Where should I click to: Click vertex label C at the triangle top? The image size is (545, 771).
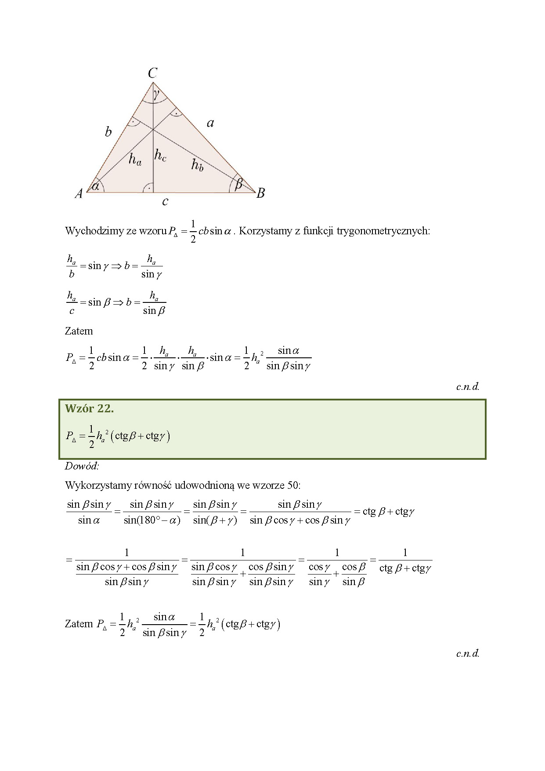tap(152, 73)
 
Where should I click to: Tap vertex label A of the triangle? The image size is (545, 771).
tap(79, 193)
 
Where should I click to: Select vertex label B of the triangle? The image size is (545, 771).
tap(261, 193)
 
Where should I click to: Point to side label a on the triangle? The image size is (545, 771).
tap(210, 123)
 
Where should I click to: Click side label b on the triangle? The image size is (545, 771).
tap(108, 131)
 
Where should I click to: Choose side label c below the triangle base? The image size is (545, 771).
tap(165, 202)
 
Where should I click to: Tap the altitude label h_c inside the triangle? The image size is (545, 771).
tap(160, 155)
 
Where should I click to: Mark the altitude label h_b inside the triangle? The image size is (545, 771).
tap(197, 165)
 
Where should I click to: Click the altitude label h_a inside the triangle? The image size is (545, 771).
tap(135, 159)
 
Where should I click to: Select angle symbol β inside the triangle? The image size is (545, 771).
tap(238, 183)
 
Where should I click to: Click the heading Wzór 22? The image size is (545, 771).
tap(89, 408)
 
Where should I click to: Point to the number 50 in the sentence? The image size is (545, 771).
tap(292, 485)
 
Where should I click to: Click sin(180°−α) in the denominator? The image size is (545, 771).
tap(152, 521)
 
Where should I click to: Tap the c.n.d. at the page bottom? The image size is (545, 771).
tap(468, 653)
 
